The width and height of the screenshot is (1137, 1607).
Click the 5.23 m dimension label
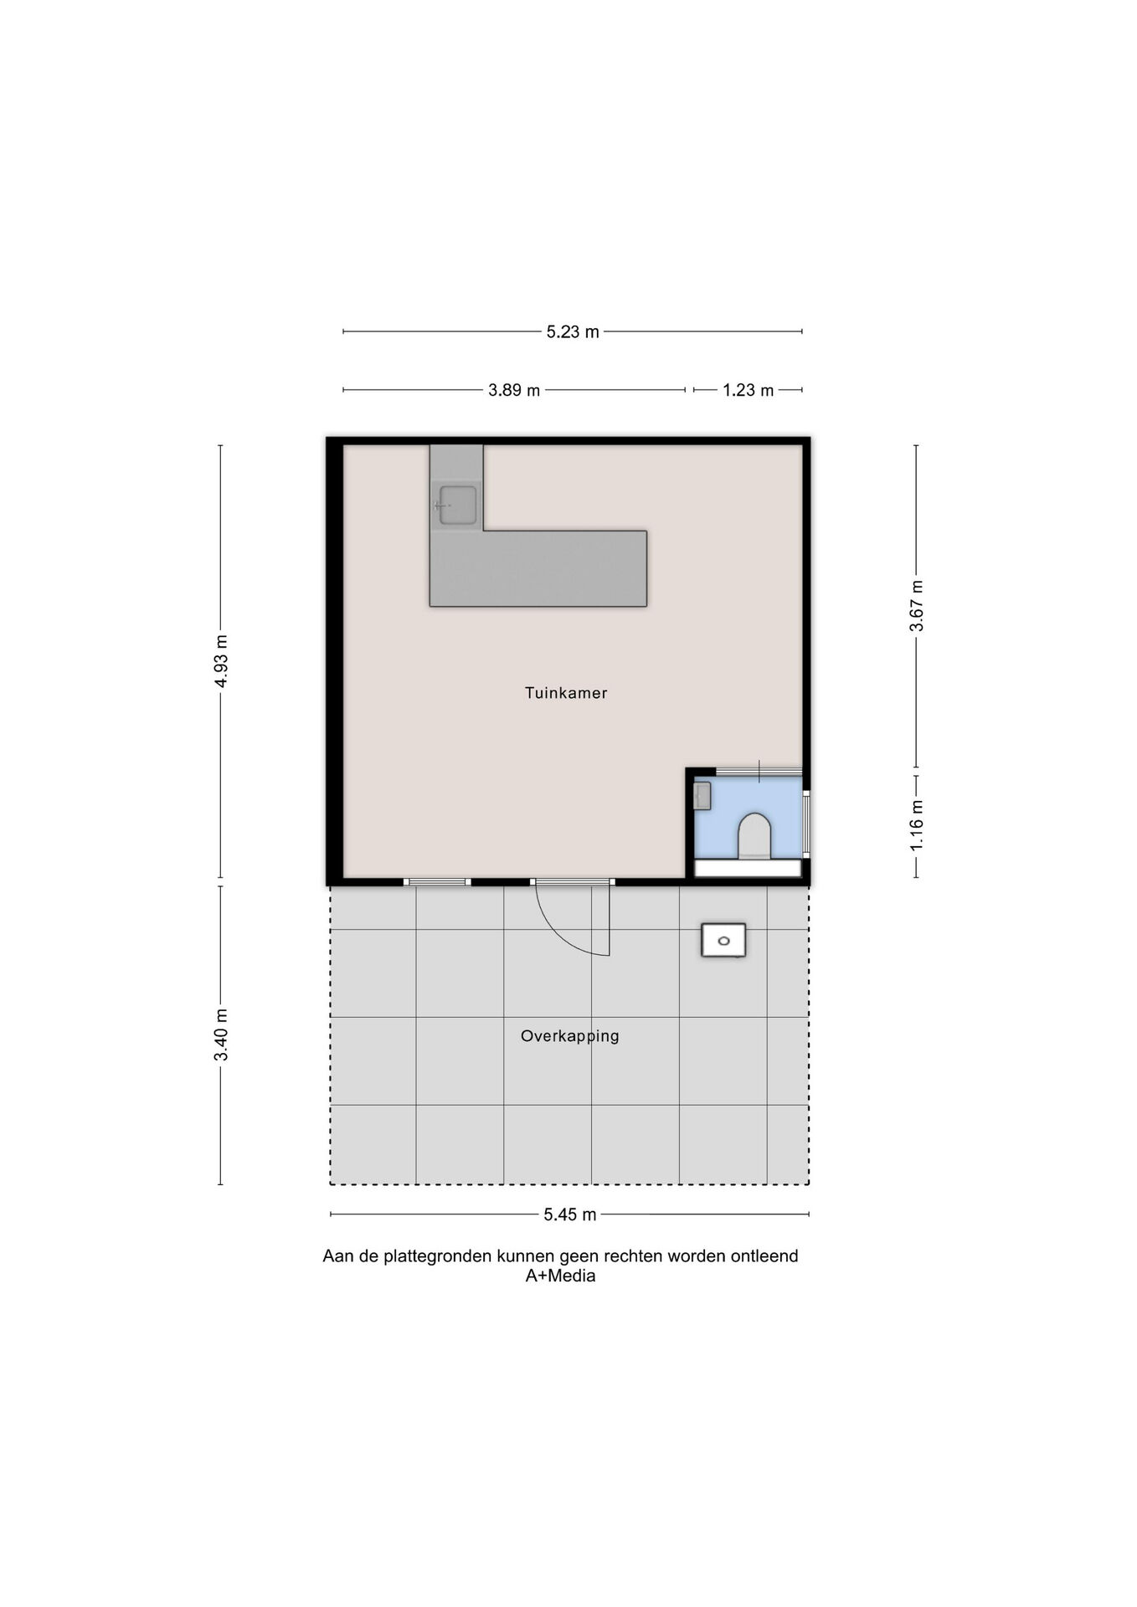click(573, 332)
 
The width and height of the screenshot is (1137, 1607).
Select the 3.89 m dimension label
click(514, 390)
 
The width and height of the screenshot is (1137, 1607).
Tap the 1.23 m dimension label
click(749, 390)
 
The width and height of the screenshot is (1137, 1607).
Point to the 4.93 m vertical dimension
click(221, 661)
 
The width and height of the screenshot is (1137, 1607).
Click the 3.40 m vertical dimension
click(221, 1035)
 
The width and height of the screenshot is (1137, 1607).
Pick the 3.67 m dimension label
click(917, 606)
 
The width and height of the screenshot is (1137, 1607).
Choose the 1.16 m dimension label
click(917, 826)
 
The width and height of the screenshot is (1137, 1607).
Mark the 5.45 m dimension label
click(570, 1214)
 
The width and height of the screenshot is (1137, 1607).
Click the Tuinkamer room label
click(566, 693)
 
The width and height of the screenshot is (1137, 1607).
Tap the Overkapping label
click(570, 1036)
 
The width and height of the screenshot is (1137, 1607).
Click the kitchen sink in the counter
click(457, 505)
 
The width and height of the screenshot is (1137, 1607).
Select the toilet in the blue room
click(754, 835)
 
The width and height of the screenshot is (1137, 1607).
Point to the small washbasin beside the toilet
click(702, 795)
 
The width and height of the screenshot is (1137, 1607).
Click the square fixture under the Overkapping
click(723, 941)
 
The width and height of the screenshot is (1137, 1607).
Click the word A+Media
click(560, 1276)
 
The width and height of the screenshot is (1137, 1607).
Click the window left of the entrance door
click(437, 882)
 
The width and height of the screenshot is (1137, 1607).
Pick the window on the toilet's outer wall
click(806, 824)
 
